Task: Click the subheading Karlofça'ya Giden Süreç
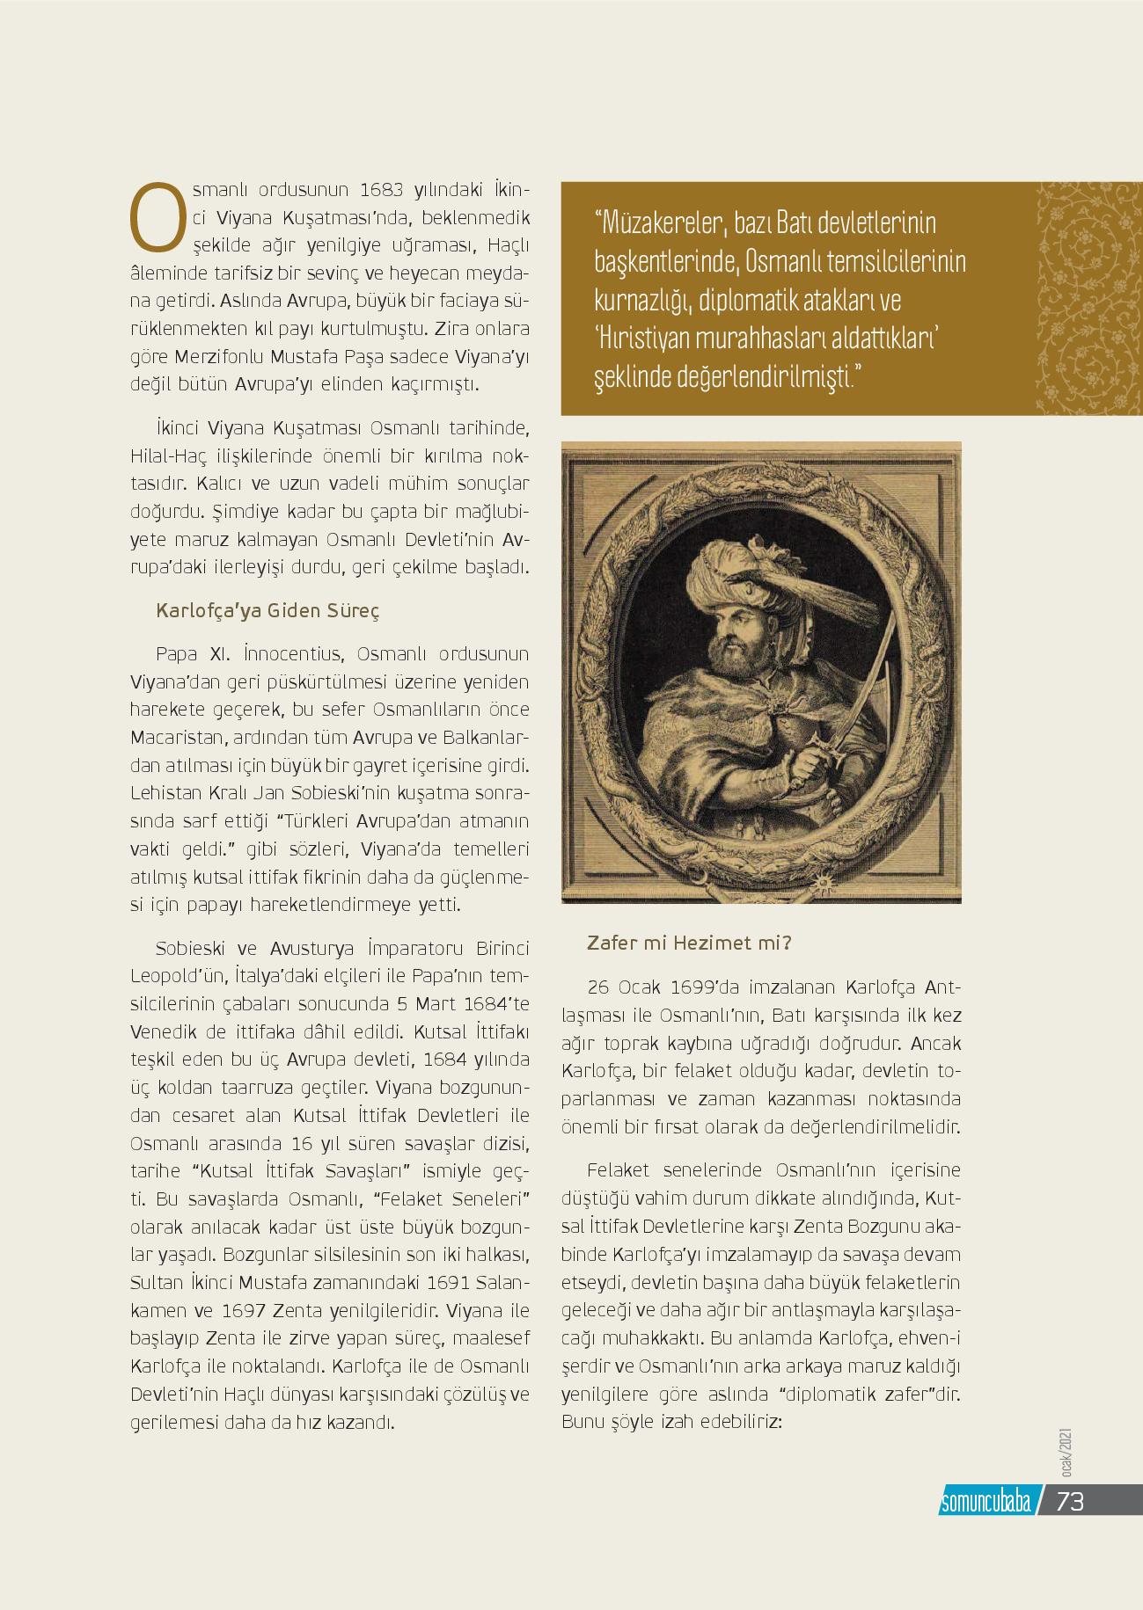click(x=267, y=611)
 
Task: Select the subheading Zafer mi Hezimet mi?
click(x=689, y=944)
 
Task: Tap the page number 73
click(x=1070, y=1502)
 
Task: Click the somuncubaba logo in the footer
click(x=985, y=1503)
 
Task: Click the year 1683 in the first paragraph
click(x=382, y=190)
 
